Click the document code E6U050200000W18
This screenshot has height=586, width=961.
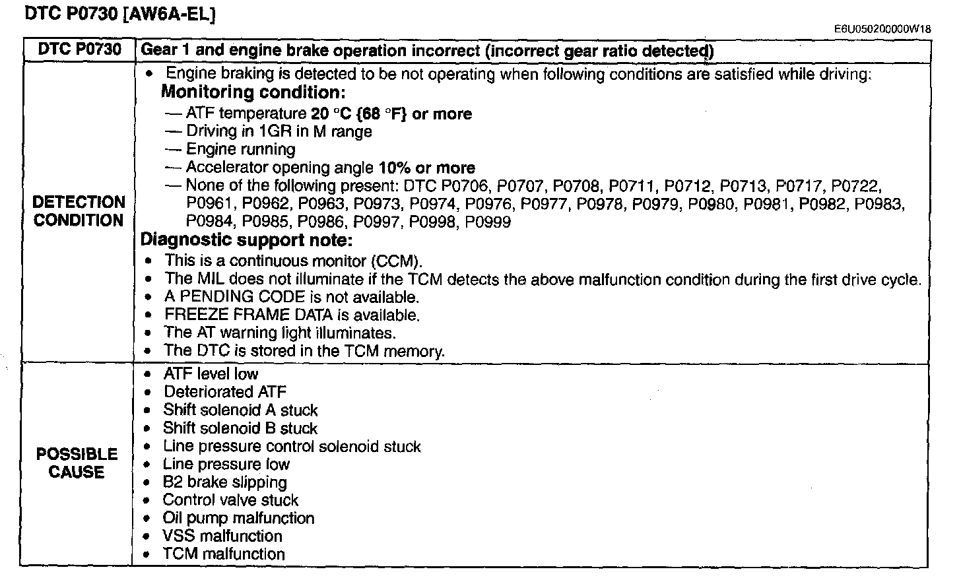pos(882,29)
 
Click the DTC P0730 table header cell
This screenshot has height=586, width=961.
pos(79,49)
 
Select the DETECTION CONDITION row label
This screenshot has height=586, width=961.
pos(79,211)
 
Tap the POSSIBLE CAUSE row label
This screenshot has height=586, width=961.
pos(77,463)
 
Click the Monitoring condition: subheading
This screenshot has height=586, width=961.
pos(253,92)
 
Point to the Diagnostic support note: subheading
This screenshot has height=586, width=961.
pos(246,240)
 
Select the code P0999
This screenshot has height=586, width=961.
pos(488,222)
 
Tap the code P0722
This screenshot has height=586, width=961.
pos(855,185)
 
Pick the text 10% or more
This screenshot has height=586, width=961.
pos(427,168)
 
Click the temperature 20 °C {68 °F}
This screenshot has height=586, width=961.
pos(358,114)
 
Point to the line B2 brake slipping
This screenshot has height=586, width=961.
pos(225,482)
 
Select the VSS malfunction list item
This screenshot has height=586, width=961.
pos(222,536)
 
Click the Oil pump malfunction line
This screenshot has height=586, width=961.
pos(238,518)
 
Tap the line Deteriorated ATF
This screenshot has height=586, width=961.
pos(225,392)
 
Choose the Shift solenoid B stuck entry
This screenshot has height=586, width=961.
pos(240,428)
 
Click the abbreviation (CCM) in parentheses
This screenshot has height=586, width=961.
pos(397,261)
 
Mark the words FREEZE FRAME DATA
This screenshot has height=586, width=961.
pos(248,315)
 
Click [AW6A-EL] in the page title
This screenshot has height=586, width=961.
pos(169,14)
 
